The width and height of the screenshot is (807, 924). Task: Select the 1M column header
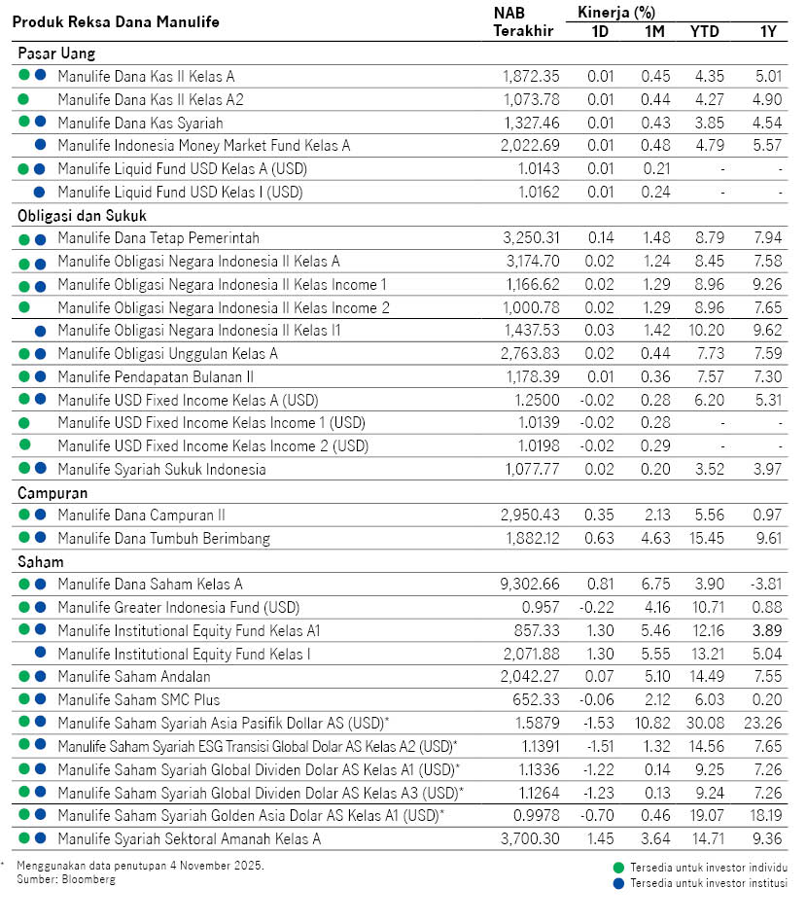click(654, 30)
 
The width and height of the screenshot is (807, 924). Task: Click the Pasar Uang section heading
click(56, 53)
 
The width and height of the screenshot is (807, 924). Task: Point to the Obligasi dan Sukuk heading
click(82, 216)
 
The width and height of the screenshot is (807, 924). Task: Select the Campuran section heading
click(53, 493)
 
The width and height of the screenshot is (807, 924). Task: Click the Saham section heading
click(40, 562)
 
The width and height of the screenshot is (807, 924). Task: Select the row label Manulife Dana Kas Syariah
click(140, 123)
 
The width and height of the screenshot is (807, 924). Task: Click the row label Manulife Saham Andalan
click(134, 676)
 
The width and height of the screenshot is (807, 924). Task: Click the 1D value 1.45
click(600, 837)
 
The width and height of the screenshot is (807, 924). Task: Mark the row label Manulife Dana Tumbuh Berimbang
click(163, 538)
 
